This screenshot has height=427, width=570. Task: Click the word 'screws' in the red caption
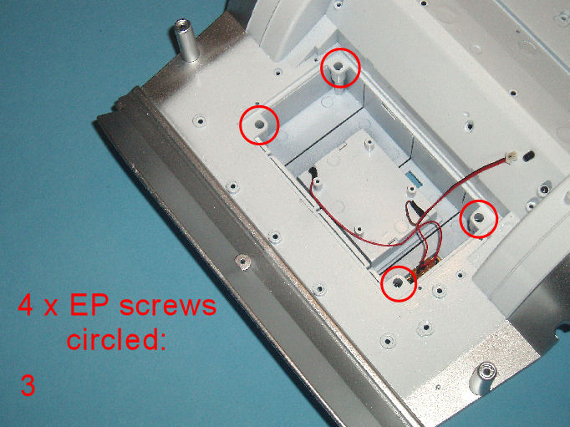168,306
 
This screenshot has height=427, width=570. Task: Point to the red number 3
28,385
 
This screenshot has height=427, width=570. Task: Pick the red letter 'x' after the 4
51,308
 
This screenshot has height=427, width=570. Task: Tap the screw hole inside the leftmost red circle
259,125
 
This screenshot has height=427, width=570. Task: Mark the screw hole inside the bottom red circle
398,282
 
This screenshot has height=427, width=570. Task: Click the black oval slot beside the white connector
528,155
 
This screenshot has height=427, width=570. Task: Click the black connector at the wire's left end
312,171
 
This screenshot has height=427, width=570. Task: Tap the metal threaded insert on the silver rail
242,261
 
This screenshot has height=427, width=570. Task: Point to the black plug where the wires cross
414,209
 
